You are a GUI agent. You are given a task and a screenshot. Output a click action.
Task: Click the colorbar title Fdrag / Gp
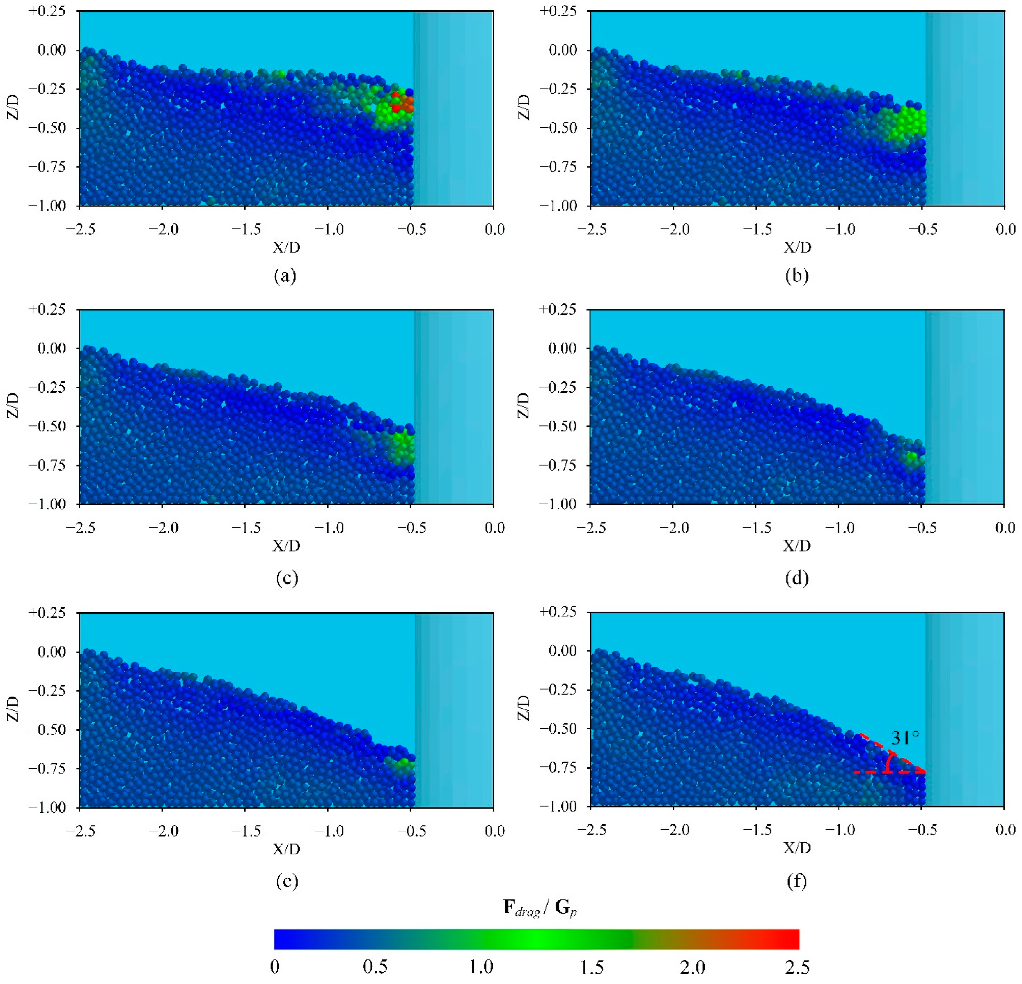pyautogui.click(x=540, y=908)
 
